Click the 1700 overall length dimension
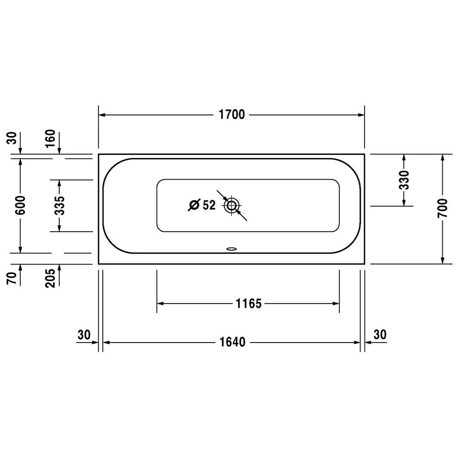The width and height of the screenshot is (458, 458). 232,115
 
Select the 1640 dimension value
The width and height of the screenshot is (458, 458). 232,342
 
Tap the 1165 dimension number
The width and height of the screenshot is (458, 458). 249,304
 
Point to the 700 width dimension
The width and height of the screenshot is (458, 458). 442,207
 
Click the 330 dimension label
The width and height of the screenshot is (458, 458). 404,180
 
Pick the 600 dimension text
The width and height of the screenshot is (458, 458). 21,205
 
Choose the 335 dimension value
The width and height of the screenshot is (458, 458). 59,205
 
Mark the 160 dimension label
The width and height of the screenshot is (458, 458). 50,138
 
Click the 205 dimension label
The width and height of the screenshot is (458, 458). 50,278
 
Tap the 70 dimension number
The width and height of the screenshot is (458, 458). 11,278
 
